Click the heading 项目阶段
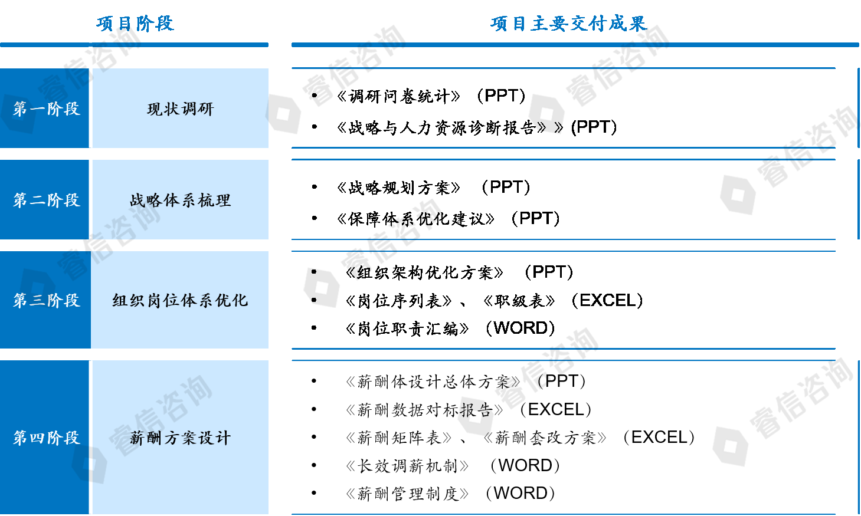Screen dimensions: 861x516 coord(135,24)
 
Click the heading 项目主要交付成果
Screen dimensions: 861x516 coord(569,24)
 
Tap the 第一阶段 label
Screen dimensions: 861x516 coord(47,109)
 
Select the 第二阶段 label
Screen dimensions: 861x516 coord(47,200)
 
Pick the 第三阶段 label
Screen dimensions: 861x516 coord(47,300)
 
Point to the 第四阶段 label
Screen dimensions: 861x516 coord(47,438)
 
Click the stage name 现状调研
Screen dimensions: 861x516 coord(180,109)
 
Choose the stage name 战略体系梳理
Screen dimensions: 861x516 coord(180,200)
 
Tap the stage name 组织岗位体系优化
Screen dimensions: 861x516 coord(180,300)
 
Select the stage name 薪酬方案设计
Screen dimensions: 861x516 coord(180,438)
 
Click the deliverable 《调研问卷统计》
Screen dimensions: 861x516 coord(398,96)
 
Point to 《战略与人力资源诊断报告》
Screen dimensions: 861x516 coord(441,127)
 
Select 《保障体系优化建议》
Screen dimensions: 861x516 coord(415,219)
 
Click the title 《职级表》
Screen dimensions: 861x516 coord(519,301)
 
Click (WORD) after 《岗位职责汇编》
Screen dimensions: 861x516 coord(520,328)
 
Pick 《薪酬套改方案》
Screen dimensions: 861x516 coord(545,438)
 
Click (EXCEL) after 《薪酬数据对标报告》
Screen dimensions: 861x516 coord(556,410)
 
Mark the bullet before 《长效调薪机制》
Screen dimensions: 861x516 coord(314,465)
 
